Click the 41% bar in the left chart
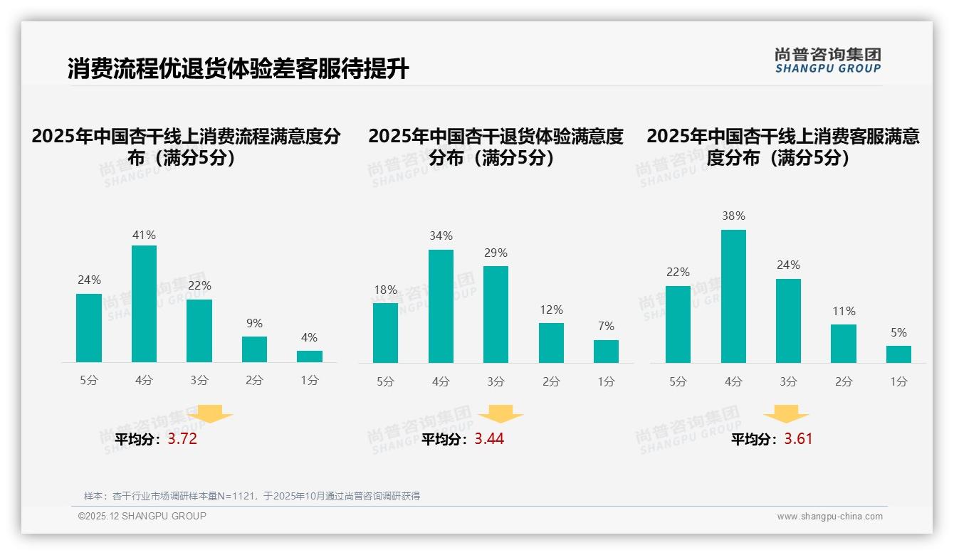click(x=145, y=304)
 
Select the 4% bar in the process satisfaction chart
click(x=310, y=356)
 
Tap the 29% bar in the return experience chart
click(x=496, y=314)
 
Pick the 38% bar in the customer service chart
click(x=733, y=296)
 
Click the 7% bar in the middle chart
click(x=606, y=351)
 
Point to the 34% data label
click(x=441, y=236)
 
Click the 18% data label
click(x=385, y=290)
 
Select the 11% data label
click(x=844, y=312)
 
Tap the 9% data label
click(x=254, y=324)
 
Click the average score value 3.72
click(x=182, y=439)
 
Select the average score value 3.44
click(x=489, y=439)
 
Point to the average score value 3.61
click(x=798, y=439)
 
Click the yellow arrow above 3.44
click(x=500, y=414)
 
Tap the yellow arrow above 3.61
click(x=786, y=414)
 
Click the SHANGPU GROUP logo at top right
click(x=827, y=60)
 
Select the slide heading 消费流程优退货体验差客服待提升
click(x=238, y=69)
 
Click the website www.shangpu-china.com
click(x=829, y=517)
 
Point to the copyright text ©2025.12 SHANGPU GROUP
click(x=142, y=516)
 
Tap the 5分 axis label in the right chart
click(x=678, y=382)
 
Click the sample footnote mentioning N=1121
click(x=252, y=496)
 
